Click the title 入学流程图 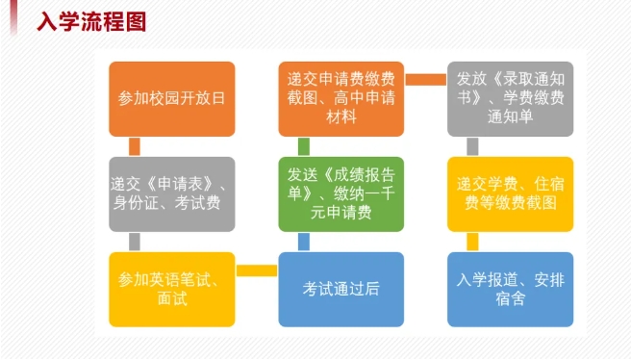[x=91, y=21]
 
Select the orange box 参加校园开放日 [x=171, y=98]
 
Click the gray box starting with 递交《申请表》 [x=171, y=193]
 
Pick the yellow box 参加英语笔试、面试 [x=171, y=289]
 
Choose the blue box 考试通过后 [x=341, y=289]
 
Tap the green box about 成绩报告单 [x=341, y=193]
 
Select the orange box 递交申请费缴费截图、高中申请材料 [x=341, y=98]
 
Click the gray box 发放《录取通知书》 [x=510, y=98]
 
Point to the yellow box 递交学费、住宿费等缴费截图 [x=510, y=193]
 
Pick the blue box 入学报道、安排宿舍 [x=510, y=289]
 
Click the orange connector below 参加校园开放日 [x=135, y=146]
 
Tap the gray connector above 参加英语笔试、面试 [x=135, y=242]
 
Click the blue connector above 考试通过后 [x=304, y=242]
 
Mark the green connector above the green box [x=304, y=146]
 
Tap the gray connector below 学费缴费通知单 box [x=473, y=146]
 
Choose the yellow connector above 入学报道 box [x=473, y=242]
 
